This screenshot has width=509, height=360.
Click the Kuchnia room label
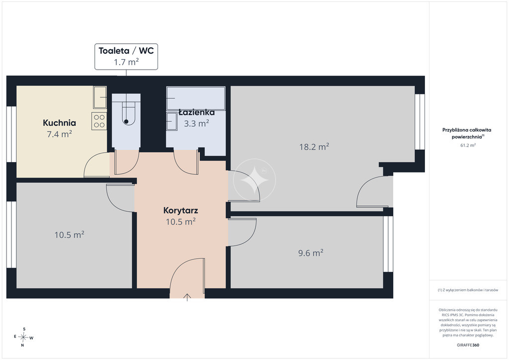(60, 123)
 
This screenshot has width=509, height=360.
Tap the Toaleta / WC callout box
(126, 57)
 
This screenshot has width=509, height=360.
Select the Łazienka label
(197, 112)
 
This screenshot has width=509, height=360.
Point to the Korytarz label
(180, 210)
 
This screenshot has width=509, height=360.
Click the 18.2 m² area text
(314, 147)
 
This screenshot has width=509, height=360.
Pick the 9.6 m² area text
(311, 253)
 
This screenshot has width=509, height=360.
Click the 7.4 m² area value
(60, 134)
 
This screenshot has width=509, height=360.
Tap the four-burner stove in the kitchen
(99, 121)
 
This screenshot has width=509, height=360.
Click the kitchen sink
(100, 97)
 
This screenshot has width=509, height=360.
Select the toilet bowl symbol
(126, 113)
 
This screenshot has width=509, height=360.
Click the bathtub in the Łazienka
(196, 98)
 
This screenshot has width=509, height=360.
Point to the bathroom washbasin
(171, 121)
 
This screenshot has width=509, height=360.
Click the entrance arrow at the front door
(187, 297)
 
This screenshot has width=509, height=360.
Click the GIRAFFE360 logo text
(468, 345)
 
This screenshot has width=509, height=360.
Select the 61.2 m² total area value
(468, 145)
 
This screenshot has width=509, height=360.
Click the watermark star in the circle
(254, 180)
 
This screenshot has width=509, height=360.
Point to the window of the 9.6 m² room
(388, 244)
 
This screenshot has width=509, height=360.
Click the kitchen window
(12, 134)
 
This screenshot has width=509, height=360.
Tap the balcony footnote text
(468, 290)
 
